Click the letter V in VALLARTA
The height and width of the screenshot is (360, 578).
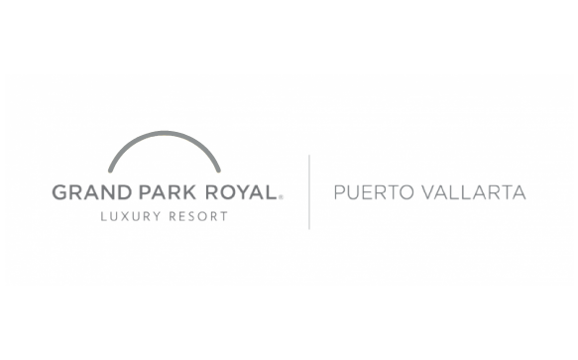429,192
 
